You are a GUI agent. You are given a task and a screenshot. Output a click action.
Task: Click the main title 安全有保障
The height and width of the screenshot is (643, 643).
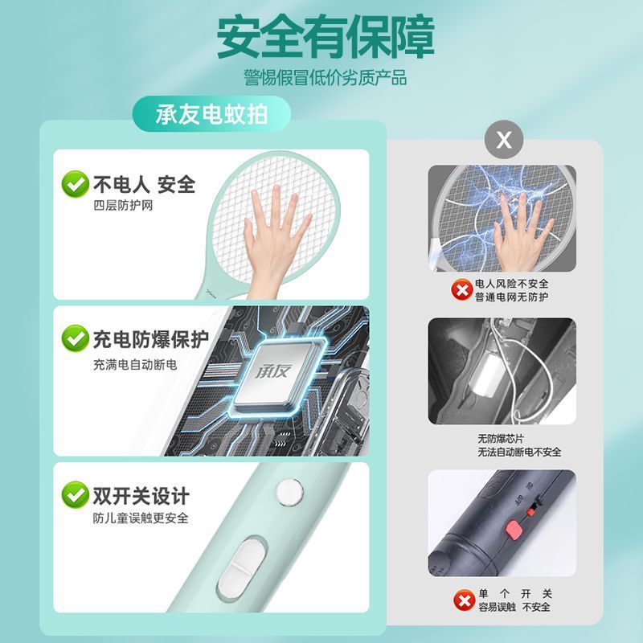pos(326,37)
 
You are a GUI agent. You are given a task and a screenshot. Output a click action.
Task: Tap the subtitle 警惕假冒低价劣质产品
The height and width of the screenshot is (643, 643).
pos(326,77)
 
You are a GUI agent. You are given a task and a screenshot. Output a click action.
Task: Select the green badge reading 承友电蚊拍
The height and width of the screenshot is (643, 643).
pos(211,114)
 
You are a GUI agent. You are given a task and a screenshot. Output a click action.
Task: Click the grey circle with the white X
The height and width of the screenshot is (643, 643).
pos(504,140)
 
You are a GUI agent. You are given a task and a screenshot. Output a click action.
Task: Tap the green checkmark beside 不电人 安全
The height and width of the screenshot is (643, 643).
pos(76,184)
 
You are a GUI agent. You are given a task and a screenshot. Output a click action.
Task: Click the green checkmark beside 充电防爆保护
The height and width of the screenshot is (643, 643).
pos(76,338)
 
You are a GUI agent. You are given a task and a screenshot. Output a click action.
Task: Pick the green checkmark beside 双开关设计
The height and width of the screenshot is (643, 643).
pos(76,495)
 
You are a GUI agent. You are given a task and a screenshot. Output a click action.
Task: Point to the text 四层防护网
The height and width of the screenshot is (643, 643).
pos(123,205)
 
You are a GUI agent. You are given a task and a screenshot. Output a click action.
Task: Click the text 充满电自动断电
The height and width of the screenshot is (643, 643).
pos(135,364)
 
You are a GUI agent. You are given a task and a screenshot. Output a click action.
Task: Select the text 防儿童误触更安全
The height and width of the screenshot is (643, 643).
pos(141,518)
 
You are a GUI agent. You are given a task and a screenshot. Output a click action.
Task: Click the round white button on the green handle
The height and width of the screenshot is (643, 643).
pos(290,492)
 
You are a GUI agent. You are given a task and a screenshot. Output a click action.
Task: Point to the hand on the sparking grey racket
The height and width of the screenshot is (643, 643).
pos(521,232)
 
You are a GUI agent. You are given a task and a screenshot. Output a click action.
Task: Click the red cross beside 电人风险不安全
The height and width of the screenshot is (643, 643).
pos(462,290)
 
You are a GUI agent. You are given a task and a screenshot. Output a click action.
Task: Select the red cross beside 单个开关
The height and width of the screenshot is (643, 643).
pos(465,600)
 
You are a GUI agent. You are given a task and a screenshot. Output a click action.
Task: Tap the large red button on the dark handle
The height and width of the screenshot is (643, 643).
pos(514,530)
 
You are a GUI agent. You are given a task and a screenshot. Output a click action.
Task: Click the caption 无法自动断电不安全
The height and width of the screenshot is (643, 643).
pos(519,453)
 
